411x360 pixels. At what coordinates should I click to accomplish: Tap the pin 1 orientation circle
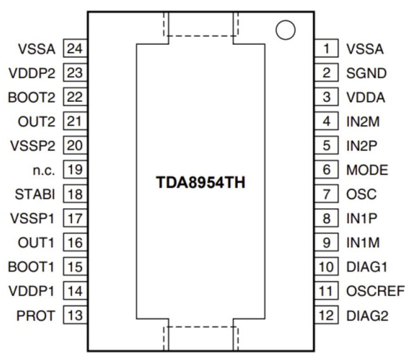(x=285, y=30)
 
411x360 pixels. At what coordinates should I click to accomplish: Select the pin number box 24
(x=75, y=48)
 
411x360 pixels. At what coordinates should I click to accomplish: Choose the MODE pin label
(x=367, y=170)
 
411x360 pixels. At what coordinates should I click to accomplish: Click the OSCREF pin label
(x=375, y=291)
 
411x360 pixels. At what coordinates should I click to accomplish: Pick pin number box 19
(x=75, y=170)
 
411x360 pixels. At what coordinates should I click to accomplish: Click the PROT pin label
(x=36, y=315)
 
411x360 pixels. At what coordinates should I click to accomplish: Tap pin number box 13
(x=75, y=315)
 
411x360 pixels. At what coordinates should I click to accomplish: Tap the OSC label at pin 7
(x=361, y=194)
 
